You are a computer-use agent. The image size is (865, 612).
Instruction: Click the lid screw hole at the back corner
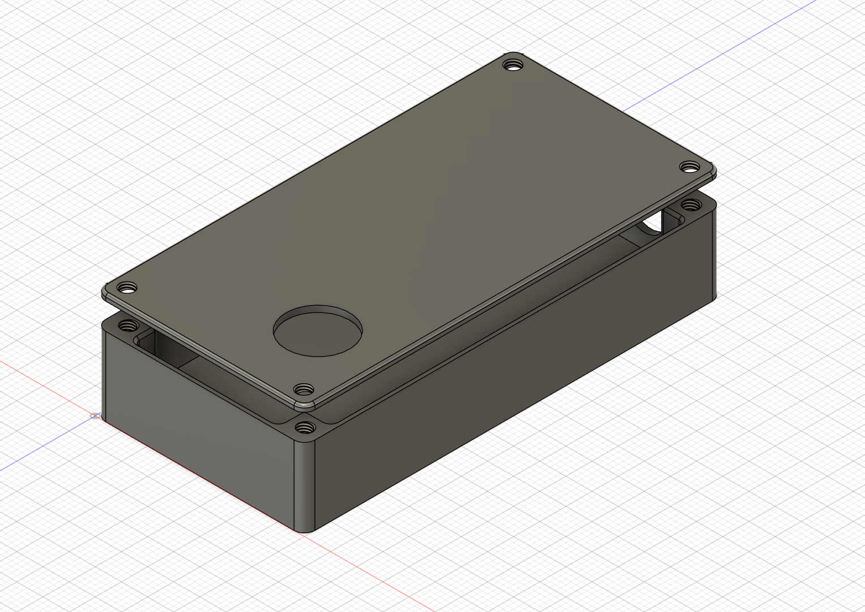coord(513,65)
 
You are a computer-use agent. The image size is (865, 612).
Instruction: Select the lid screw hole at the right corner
coord(689,167)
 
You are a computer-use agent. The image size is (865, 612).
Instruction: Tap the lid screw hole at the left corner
coord(129,288)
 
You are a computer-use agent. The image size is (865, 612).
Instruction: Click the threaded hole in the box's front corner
coord(305,428)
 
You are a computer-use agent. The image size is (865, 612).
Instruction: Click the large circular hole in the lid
coord(318,332)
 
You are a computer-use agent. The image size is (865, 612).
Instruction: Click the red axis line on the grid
coord(45,385)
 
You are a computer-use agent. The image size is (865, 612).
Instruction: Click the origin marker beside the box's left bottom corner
coord(95,416)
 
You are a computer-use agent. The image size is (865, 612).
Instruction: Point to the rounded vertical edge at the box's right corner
coord(713,255)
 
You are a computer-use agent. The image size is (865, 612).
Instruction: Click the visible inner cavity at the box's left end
coord(170,351)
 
